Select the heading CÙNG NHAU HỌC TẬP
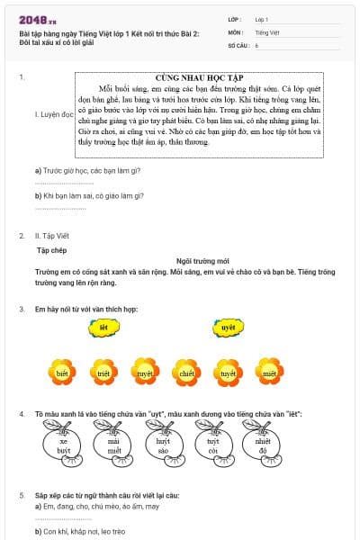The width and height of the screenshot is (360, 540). coord(204,78)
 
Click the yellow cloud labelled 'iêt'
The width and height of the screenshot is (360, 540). coord(104,328)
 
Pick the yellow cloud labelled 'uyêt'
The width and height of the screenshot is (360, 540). coord(229,328)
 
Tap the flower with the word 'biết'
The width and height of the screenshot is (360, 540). coord(62,372)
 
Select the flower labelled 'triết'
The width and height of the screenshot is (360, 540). coord(103,372)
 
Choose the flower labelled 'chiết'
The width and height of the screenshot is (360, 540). coord(186,372)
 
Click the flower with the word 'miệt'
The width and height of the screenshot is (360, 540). coord(268,372)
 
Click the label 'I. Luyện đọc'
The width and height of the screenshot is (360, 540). coord(54,115)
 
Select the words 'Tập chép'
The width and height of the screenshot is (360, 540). coord(52,247)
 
